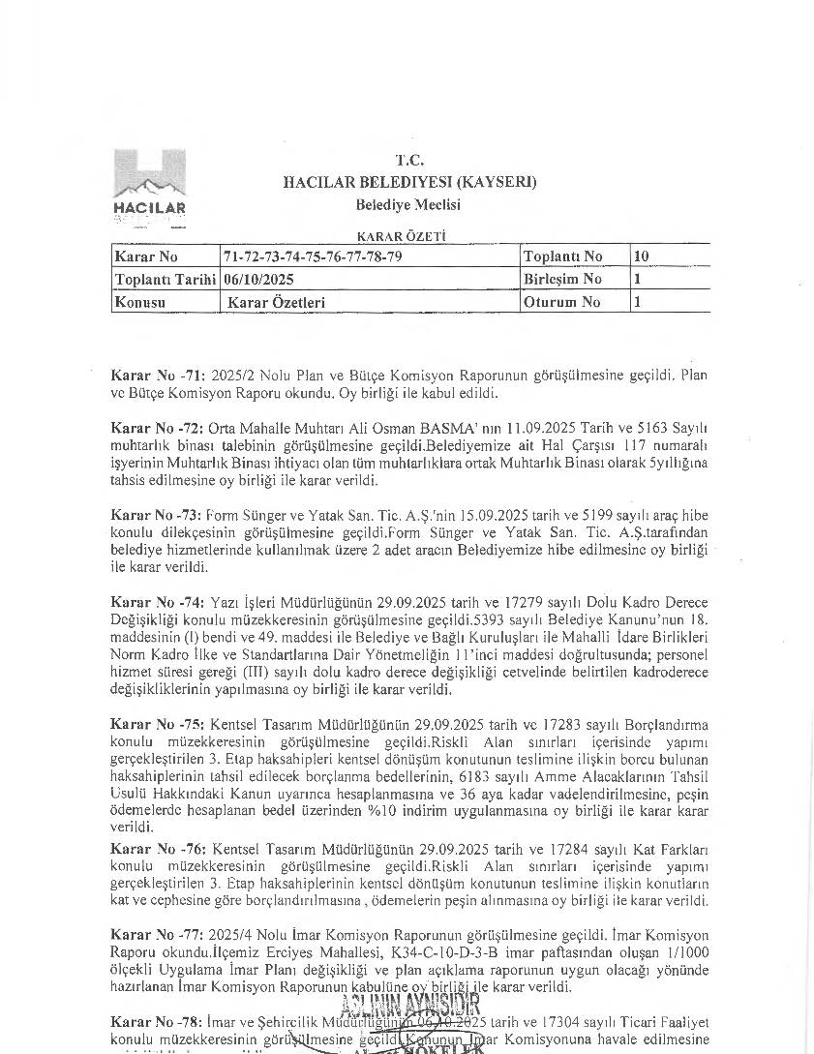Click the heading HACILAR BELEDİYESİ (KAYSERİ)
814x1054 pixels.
(x=409, y=182)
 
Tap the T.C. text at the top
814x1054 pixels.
(x=409, y=160)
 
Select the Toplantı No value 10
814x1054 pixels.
(x=641, y=256)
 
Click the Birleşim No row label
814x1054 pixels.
(x=562, y=279)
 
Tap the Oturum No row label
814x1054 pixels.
(x=561, y=302)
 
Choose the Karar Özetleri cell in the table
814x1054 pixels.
(x=276, y=302)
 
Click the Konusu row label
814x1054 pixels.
(x=140, y=302)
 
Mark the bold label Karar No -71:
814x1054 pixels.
(x=158, y=374)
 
